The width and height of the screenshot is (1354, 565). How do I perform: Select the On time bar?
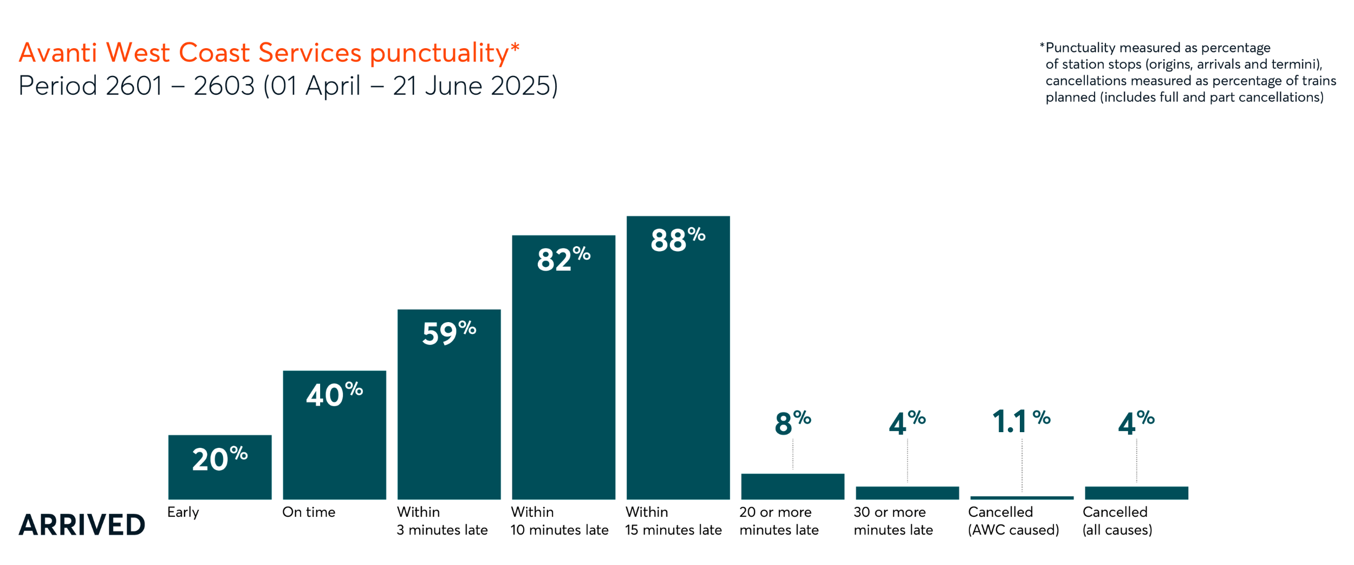(334, 445)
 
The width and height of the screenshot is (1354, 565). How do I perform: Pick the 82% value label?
(563, 259)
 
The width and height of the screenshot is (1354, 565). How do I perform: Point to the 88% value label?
(678, 240)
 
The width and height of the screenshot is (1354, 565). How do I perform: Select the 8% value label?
(792, 422)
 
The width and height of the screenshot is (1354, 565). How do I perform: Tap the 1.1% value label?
(1021, 421)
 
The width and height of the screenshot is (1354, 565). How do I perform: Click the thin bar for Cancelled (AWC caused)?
(1021, 497)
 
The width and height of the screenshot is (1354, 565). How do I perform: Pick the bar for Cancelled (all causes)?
(1136, 492)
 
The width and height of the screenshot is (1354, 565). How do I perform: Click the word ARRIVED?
(82, 524)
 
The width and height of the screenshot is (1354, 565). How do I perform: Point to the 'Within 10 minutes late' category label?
(559, 521)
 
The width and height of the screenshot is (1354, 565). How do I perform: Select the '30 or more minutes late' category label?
(893, 521)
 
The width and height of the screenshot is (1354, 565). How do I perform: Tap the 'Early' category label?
(183, 512)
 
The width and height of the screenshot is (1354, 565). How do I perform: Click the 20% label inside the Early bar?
(219, 459)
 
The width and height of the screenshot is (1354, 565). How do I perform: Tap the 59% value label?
(448, 332)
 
